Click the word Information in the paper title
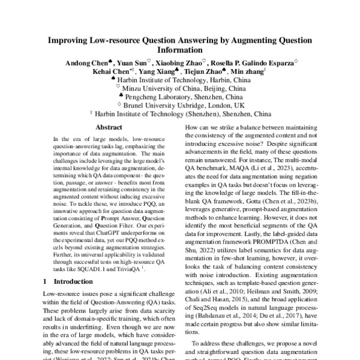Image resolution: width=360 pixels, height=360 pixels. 180,51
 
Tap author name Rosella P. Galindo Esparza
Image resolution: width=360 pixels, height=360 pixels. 257,62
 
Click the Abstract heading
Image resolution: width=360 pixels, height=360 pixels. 109,128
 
